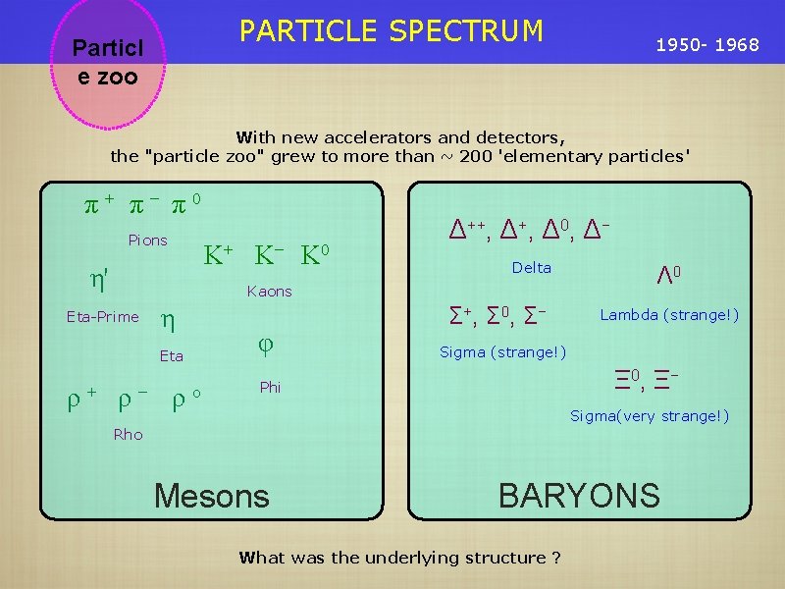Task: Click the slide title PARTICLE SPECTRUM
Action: [x=392, y=31]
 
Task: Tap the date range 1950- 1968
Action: [x=706, y=45]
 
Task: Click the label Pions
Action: [x=148, y=241]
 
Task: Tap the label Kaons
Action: [x=270, y=292]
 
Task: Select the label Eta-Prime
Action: [x=102, y=316]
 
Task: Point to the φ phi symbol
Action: [x=264, y=345]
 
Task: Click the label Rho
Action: [x=128, y=435]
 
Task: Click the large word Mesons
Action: [x=212, y=497]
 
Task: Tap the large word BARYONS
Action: [x=579, y=496]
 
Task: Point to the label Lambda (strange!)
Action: [x=669, y=315]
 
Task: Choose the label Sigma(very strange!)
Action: [x=650, y=416]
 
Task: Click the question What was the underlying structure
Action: [x=400, y=558]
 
